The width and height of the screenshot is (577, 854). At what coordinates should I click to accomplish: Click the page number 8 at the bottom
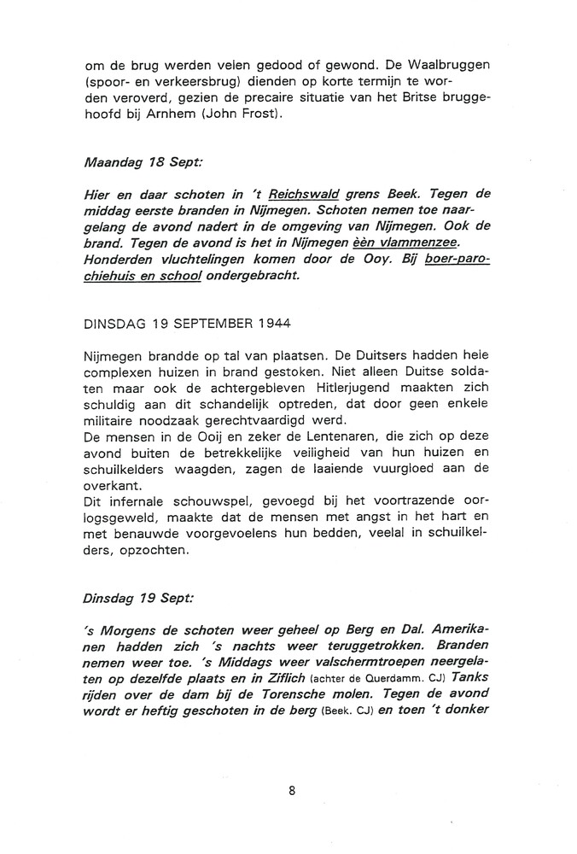291,791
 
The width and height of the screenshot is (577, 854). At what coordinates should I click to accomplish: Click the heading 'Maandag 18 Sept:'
138,159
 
